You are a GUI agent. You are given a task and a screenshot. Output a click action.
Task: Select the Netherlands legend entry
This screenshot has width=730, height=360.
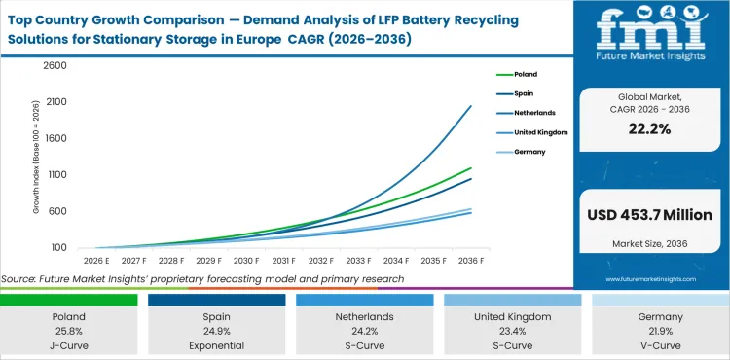point(531,113)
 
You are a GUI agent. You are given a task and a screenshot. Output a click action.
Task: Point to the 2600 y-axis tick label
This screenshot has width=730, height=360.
point(54,66)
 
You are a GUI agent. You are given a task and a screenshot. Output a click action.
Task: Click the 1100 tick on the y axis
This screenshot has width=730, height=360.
point(54,175)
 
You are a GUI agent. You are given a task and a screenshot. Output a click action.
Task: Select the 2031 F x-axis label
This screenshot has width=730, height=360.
point(283,262)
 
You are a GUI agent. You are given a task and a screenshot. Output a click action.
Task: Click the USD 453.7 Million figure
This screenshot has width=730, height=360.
point(651,214)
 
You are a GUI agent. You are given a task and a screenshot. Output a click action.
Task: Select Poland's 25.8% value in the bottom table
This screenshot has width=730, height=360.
point(69,330)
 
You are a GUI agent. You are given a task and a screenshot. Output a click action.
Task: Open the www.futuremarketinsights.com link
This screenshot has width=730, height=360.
point(651,278)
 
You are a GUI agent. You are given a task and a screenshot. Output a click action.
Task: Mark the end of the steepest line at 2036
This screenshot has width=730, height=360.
point(472,105)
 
